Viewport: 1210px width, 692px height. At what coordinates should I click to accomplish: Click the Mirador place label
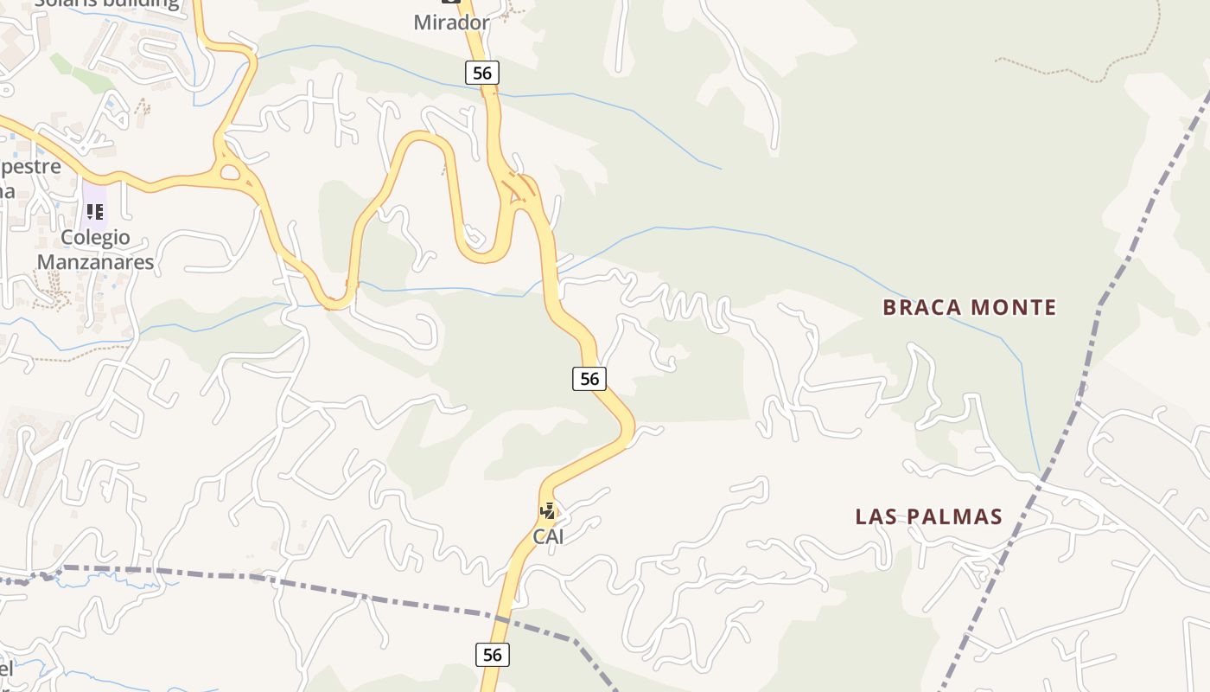tap(451, 22)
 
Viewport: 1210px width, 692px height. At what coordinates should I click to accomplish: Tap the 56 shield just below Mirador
tap(482, 74)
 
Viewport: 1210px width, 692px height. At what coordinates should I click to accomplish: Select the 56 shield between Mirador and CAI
tap(589, 378)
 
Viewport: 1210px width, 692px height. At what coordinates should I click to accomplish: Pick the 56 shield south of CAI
tap(492, 655)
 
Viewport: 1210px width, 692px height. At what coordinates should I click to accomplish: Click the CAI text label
tap(548, 536)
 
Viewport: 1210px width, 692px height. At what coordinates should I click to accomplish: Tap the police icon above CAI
tap(547, 510)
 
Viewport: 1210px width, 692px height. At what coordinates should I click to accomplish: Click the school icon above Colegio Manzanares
tap(95, 211)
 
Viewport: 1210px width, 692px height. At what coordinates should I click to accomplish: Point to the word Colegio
tap(95, 237)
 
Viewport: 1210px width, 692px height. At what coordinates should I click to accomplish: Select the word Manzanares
tap(95, 261)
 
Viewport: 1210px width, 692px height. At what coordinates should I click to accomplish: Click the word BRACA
tap(922, 307)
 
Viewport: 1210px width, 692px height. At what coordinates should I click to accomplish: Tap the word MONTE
tap(1014, 307)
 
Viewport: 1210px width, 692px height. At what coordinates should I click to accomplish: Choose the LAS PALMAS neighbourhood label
tap(928, 516)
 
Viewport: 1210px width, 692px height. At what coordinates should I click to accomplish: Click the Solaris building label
tap(106, 3)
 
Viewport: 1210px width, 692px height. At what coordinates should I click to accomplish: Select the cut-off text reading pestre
tap(31, 166)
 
